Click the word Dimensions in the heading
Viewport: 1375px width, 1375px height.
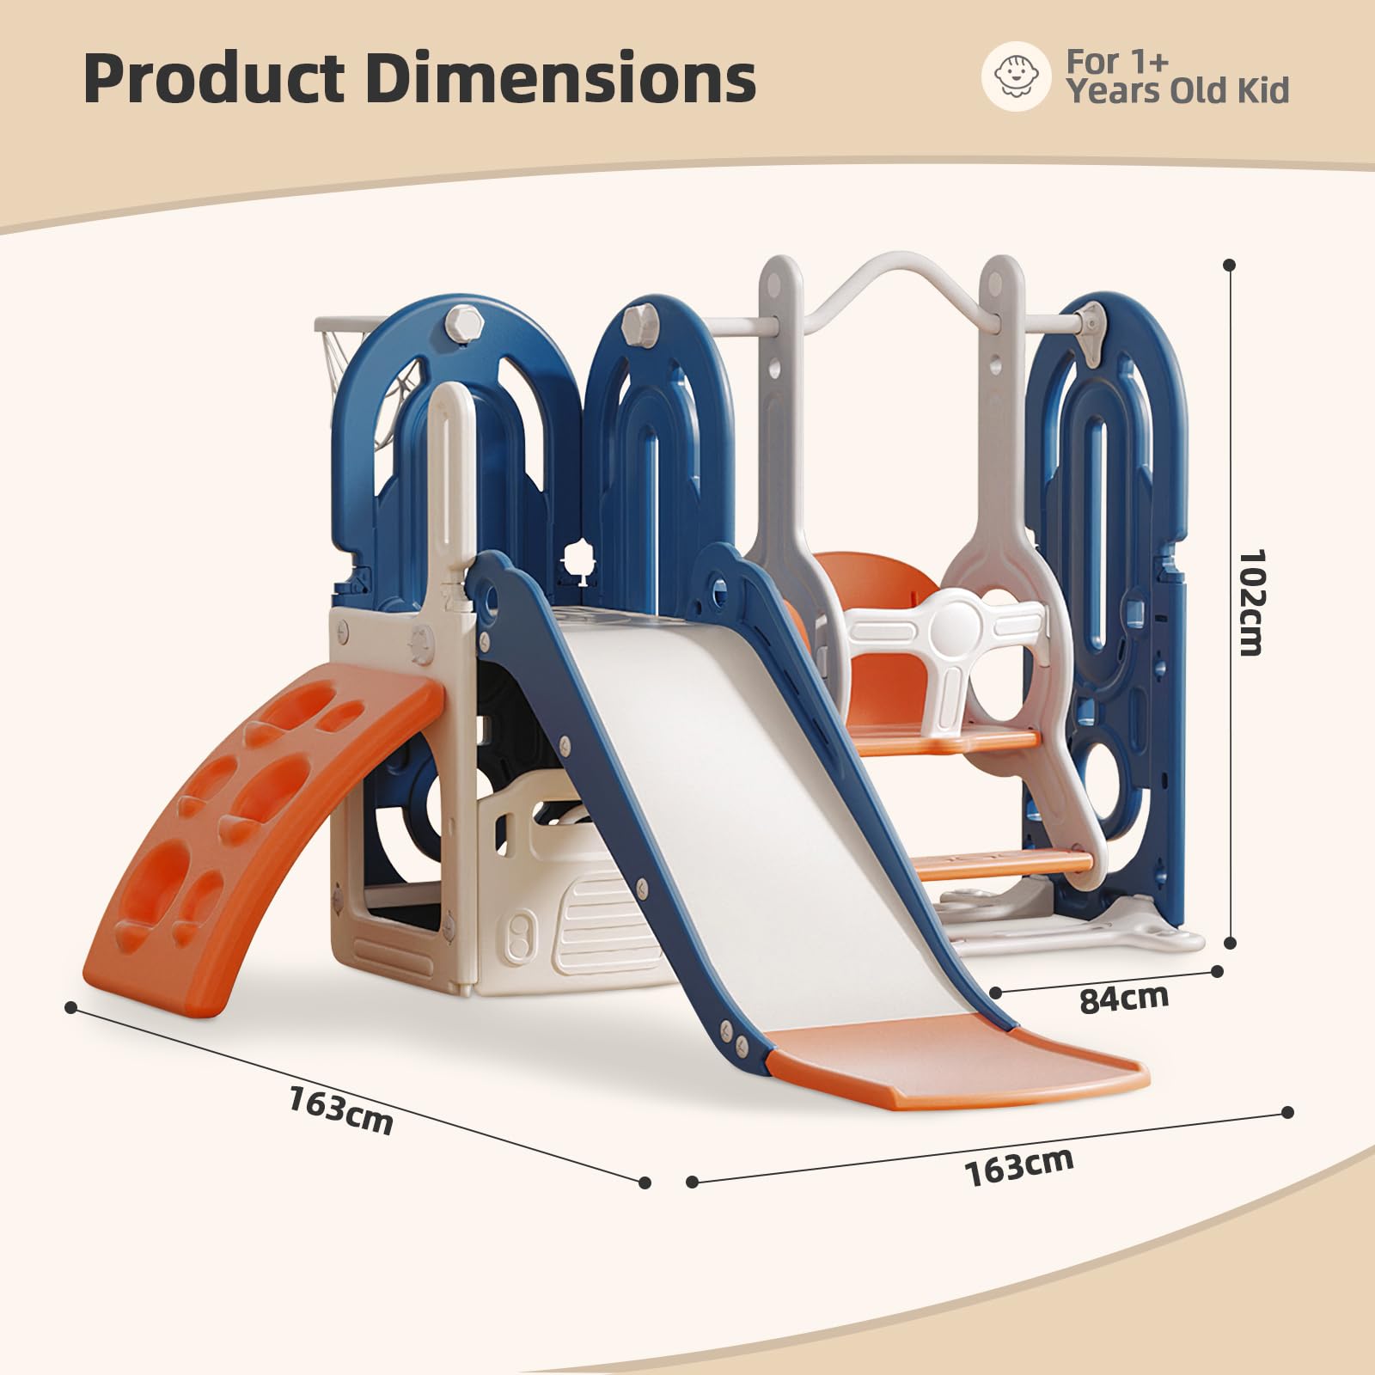click(561, 78)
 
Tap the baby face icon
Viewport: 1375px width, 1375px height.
click(1015, 78)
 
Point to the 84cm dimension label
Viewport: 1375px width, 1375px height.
click(1124, 998)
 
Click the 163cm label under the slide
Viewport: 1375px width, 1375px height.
click(1019, 1165)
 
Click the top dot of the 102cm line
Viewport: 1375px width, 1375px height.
click(1230, 266)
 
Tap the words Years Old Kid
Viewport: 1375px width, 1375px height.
click(1178, 91)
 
